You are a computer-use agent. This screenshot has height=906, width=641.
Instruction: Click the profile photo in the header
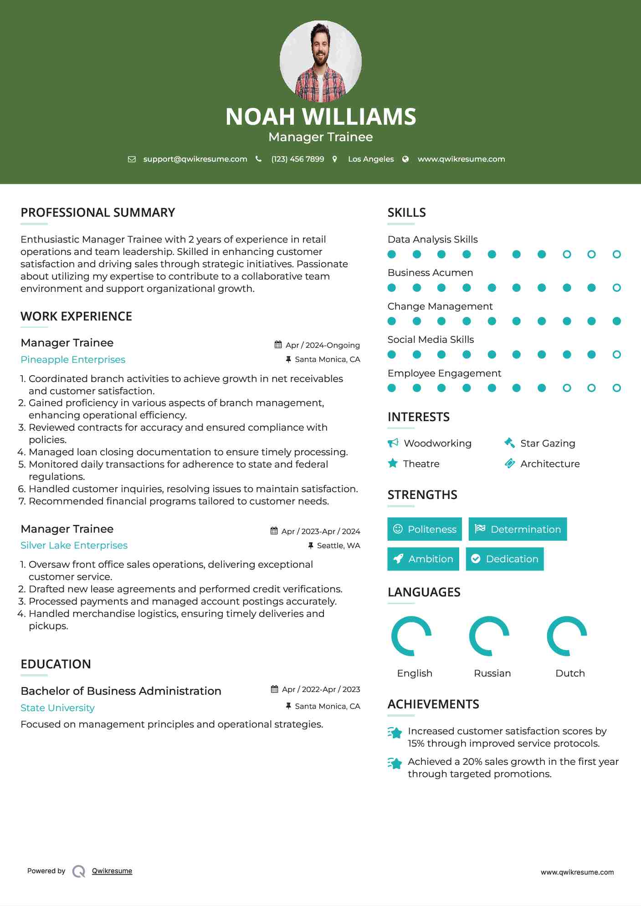coord(320,61)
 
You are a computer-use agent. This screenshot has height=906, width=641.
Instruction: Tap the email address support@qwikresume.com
coord(195,159)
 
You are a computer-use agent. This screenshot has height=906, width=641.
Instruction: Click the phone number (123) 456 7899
coord(297,159)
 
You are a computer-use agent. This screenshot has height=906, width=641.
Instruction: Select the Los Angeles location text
coord(371,159)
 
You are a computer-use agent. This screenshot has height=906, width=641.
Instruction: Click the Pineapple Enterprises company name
coord(73,360)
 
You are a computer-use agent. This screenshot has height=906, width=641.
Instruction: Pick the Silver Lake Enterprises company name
coord(74,545)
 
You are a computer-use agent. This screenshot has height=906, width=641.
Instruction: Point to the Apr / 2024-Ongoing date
coord(323,345)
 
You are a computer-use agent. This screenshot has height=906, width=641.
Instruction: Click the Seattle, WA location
coord(338,545)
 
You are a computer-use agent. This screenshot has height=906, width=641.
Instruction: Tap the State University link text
coord(57,708)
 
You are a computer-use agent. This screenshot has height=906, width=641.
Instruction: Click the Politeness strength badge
coord(424,529)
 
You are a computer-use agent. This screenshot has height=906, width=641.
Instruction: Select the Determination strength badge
coord(518,529)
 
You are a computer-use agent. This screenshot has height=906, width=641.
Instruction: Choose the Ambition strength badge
coord(423,559)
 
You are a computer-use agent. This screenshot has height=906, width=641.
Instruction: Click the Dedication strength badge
coord(504,559)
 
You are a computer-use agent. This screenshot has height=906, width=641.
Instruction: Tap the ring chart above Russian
coord(489,636)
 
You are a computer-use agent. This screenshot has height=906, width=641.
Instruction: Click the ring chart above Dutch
coord(567,636)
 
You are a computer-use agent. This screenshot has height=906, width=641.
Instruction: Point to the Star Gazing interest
coord(548,443)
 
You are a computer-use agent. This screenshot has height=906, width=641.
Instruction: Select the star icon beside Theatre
coord(393,463)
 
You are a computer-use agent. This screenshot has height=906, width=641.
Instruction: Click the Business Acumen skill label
coord(430,273)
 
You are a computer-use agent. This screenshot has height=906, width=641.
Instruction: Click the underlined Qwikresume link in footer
coord(112,871)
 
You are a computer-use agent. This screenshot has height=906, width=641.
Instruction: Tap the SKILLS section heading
coord(406,213)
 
